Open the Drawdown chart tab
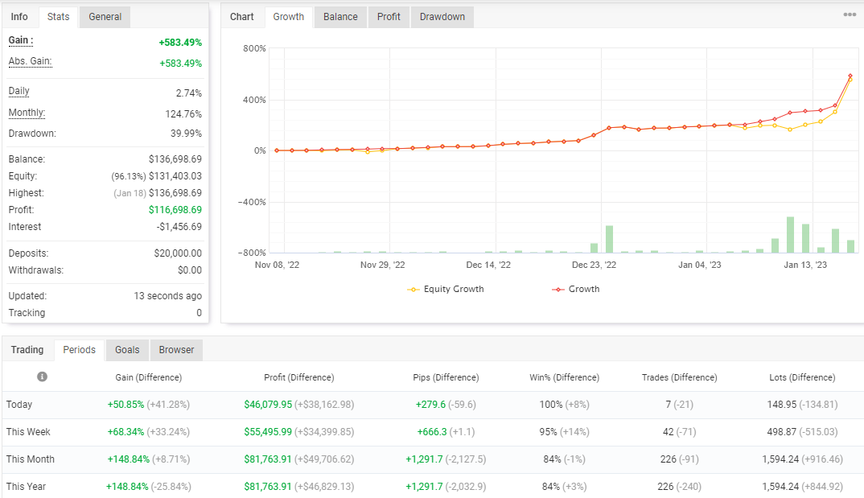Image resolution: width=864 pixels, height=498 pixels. (442, 17)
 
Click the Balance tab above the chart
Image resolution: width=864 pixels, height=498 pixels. (340, 17)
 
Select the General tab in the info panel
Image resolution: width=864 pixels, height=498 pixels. (105, 17)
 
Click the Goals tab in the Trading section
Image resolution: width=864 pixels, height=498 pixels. (127, 350)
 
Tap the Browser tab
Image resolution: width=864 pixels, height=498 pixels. (176, 350)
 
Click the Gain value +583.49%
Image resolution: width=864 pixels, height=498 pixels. (180, 43)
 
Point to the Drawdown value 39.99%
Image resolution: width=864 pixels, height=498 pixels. (187, 134)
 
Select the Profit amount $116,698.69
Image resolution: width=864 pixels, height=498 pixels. (175, 210)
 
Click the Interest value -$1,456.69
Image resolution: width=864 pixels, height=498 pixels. (179, 227)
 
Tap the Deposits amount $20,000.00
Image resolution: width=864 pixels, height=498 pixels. (178, 253)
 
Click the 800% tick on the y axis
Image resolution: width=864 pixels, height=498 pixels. (254, 48)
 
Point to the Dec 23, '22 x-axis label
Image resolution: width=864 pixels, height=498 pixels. (594, 265)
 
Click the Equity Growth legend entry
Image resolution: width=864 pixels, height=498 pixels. (445, 289)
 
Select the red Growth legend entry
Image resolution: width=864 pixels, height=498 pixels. (576, 289)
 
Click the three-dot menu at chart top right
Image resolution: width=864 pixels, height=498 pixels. (850, 14)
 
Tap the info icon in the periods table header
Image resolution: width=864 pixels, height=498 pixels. (42, 377)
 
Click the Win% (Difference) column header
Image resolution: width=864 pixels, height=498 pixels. (564, 377)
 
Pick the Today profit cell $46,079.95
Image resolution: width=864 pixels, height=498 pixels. (268, 405)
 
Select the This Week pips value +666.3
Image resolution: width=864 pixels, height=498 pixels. (432, 432)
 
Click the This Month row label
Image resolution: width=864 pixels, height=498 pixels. (31, 459)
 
